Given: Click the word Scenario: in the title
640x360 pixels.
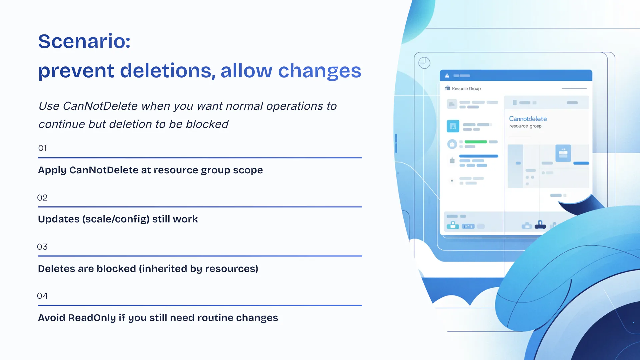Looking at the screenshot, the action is pyautogui.click(x=84, y=41).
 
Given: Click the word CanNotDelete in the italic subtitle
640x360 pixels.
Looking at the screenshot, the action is pyautogui.click(x=100, y=106).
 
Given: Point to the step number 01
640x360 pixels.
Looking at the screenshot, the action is pyautogui.click(x=42, y=148).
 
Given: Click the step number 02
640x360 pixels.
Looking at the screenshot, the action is pyautogui.click(x=42, y=198).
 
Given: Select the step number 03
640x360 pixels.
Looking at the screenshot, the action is pyautogui.click(x=42, y=247).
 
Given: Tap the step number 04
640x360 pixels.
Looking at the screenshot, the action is pyautogui.click(x=42, y=296).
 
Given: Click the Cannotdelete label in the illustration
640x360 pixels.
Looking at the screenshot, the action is pyautogui.click(x=528, y=119).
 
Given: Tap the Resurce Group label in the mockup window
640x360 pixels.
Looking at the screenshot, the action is pyautogui.click(x=466, y=89).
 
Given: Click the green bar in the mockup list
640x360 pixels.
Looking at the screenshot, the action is pyautogui.click(x=476, y=142).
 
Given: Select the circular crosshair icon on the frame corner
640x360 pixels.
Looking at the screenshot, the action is pyautogui.click(x=424, y=63).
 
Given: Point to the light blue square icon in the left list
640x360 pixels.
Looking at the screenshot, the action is pyautogui.click(x=453, y=126).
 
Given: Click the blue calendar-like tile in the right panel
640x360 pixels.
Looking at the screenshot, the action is pyautogui.click(x=563, y=153).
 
